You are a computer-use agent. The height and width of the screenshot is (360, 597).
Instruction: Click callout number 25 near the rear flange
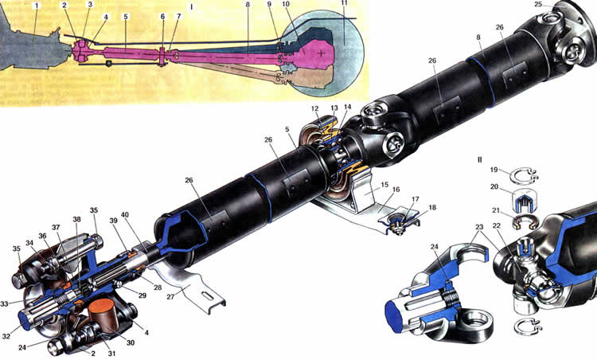pos(548,4)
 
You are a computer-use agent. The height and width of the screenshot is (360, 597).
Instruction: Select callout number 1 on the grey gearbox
pos(37,6)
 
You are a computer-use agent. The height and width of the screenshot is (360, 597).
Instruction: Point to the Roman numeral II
pos(479,160)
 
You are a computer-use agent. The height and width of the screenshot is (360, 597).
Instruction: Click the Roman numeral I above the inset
pos(192,7)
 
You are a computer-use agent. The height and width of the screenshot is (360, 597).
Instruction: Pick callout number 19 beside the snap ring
pos(494,170)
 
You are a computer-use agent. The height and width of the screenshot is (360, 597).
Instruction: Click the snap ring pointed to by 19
pos(525,175)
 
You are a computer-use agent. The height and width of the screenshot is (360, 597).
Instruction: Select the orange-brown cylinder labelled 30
pos(103,316)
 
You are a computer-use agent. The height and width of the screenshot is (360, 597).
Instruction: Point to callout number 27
pos(170,296)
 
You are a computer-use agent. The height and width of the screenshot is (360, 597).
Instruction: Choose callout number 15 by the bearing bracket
pos(384,185)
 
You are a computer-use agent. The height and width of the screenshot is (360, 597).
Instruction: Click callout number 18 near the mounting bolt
pos(432,208)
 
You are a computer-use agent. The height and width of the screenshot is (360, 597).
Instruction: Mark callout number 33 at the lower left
pos(4,304)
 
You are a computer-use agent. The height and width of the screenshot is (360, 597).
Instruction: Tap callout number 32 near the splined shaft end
pos(6,336)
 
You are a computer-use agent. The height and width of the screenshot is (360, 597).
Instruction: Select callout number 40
pos(125,215)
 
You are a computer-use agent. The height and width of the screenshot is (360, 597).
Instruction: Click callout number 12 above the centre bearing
pos(315,108)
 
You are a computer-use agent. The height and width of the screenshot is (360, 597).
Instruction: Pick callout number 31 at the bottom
pos(111,354)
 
